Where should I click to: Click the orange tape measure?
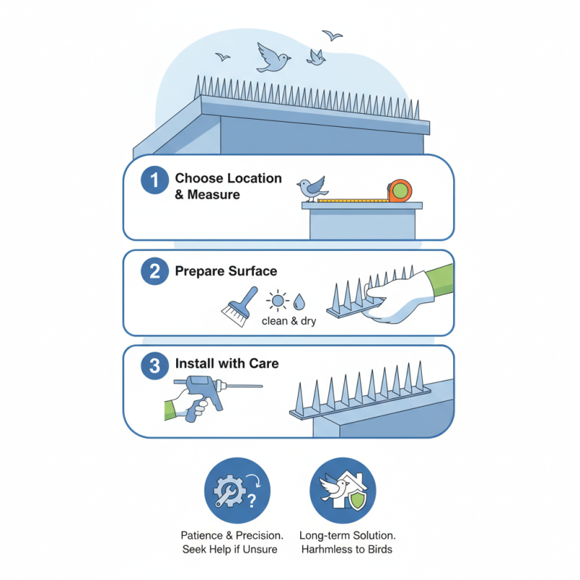399,191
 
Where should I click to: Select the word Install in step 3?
196,363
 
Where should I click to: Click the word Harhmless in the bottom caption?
324,549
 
